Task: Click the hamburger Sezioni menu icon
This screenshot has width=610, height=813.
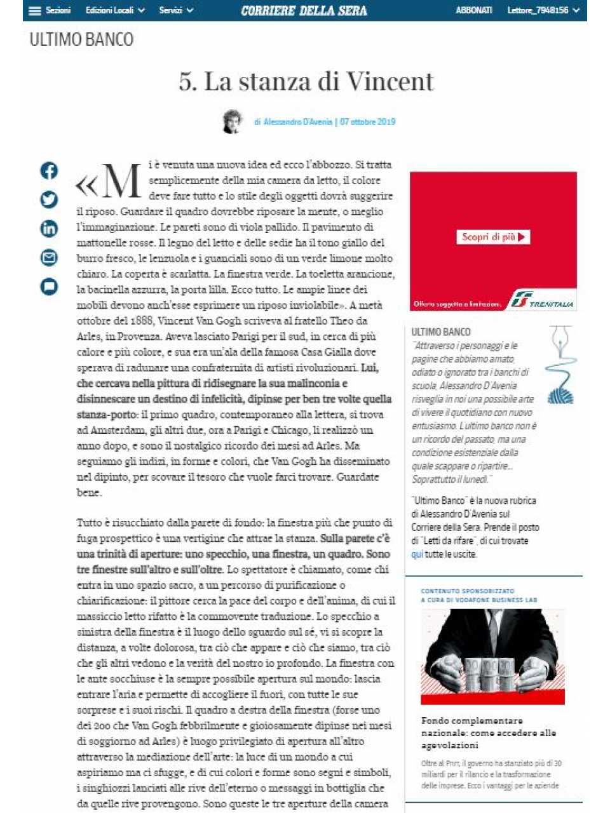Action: (x=35, y=11)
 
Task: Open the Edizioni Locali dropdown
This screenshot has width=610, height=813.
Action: (x=115, y=11)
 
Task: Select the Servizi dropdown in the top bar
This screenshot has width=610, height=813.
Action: (x=176, y=11)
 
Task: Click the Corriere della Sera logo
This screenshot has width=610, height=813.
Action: (x=304, y=11)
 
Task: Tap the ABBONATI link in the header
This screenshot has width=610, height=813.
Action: (x=473, y=11)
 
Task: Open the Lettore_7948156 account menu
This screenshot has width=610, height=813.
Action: (x=543, y=11)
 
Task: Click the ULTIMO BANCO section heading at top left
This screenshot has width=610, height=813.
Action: (x=81, y=40)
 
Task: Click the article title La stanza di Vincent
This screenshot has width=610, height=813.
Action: (x=306, y=82)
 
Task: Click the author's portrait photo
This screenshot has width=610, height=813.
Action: (x=233, y=121)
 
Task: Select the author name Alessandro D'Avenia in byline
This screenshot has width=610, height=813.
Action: (x=297, y=122)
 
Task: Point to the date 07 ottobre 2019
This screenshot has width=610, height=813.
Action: (x=367, y=122)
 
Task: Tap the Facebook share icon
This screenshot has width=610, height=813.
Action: (x=49, y=171)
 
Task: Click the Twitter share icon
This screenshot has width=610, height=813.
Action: (x=49, y=199)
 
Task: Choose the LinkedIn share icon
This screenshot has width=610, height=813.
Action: (x=49, y=229)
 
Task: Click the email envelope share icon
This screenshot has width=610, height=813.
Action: (x=49, y=257)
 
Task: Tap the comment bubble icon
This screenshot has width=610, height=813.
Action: (x=49, y=286)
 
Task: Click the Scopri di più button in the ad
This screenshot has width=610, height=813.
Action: (x=493, y=237)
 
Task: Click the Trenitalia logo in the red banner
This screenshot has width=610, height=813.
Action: (x=541, y=301)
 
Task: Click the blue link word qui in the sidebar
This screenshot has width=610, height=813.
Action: (x=417, y=554)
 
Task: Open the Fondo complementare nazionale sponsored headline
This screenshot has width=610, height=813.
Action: (x=488, y=732)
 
